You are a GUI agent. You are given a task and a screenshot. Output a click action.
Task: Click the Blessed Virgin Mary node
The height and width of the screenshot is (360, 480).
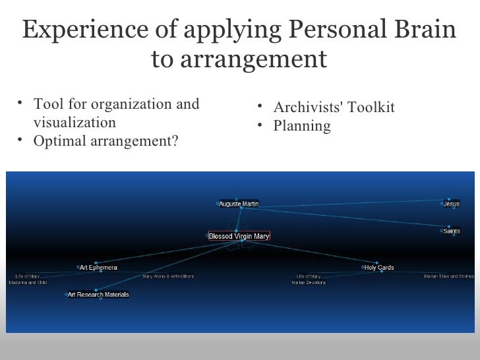click(239, 236)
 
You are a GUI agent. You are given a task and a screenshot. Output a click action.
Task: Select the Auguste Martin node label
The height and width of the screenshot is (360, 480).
click(238, 204)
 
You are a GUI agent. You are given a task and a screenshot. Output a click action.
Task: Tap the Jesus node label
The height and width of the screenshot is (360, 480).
click(451, 204)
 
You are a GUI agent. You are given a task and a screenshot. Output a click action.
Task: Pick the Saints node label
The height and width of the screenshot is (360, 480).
click(451, 231)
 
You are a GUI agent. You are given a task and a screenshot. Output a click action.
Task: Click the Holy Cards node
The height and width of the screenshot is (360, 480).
click(378, 268)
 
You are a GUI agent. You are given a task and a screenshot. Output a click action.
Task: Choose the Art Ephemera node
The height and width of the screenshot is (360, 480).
click(98, 268)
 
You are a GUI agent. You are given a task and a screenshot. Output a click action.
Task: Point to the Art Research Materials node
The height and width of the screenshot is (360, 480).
click(98, 295)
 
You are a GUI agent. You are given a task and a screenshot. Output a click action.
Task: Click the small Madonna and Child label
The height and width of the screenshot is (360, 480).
click(28, 283)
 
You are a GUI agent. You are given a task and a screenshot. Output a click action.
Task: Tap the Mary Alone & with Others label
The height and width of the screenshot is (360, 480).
click(168, 277)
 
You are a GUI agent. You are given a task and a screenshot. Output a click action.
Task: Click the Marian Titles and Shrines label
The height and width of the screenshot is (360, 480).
click(448, 277)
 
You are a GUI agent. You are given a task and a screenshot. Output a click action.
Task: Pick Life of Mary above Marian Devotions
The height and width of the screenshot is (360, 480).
click(309, 277)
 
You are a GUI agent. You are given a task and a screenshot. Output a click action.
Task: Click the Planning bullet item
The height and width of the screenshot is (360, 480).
click(302, 125)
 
